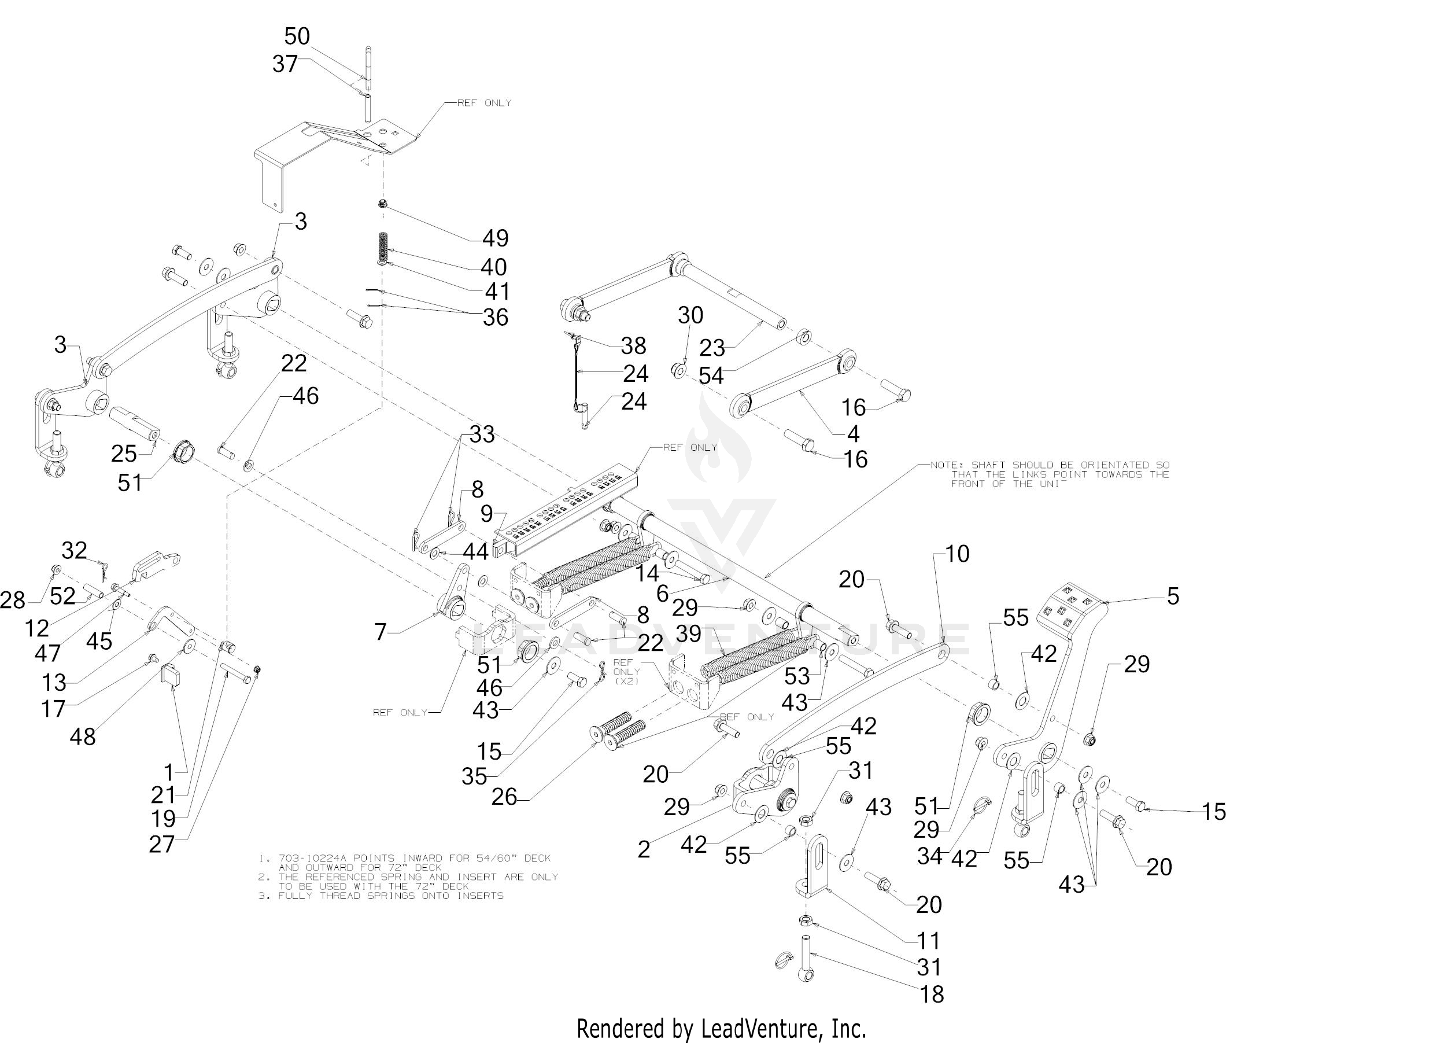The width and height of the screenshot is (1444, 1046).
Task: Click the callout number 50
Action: pos(297,36)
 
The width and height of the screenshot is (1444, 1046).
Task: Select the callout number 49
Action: pos(494,238)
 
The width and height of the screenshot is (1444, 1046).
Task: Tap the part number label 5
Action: pos(1173,596)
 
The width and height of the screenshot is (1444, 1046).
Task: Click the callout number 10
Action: pos(957,554)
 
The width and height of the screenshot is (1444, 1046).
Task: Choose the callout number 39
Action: pos(688,634)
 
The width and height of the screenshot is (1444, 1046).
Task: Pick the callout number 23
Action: pos(712,348)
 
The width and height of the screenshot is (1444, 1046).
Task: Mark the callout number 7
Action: pos(380,631)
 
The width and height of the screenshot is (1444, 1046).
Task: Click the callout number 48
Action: pos(82,736)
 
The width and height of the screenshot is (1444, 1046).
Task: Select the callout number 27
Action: pos(161,844)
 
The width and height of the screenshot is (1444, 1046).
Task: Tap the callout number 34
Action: pos(929,856)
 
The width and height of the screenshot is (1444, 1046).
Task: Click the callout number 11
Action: pos(928,940)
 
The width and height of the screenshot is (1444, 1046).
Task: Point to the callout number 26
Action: pos(504,797)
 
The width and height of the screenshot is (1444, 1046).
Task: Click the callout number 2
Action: pos(644,849)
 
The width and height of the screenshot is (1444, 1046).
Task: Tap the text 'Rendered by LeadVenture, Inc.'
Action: pos(721,1028)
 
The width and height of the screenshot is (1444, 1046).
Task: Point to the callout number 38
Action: pos(633,345)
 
